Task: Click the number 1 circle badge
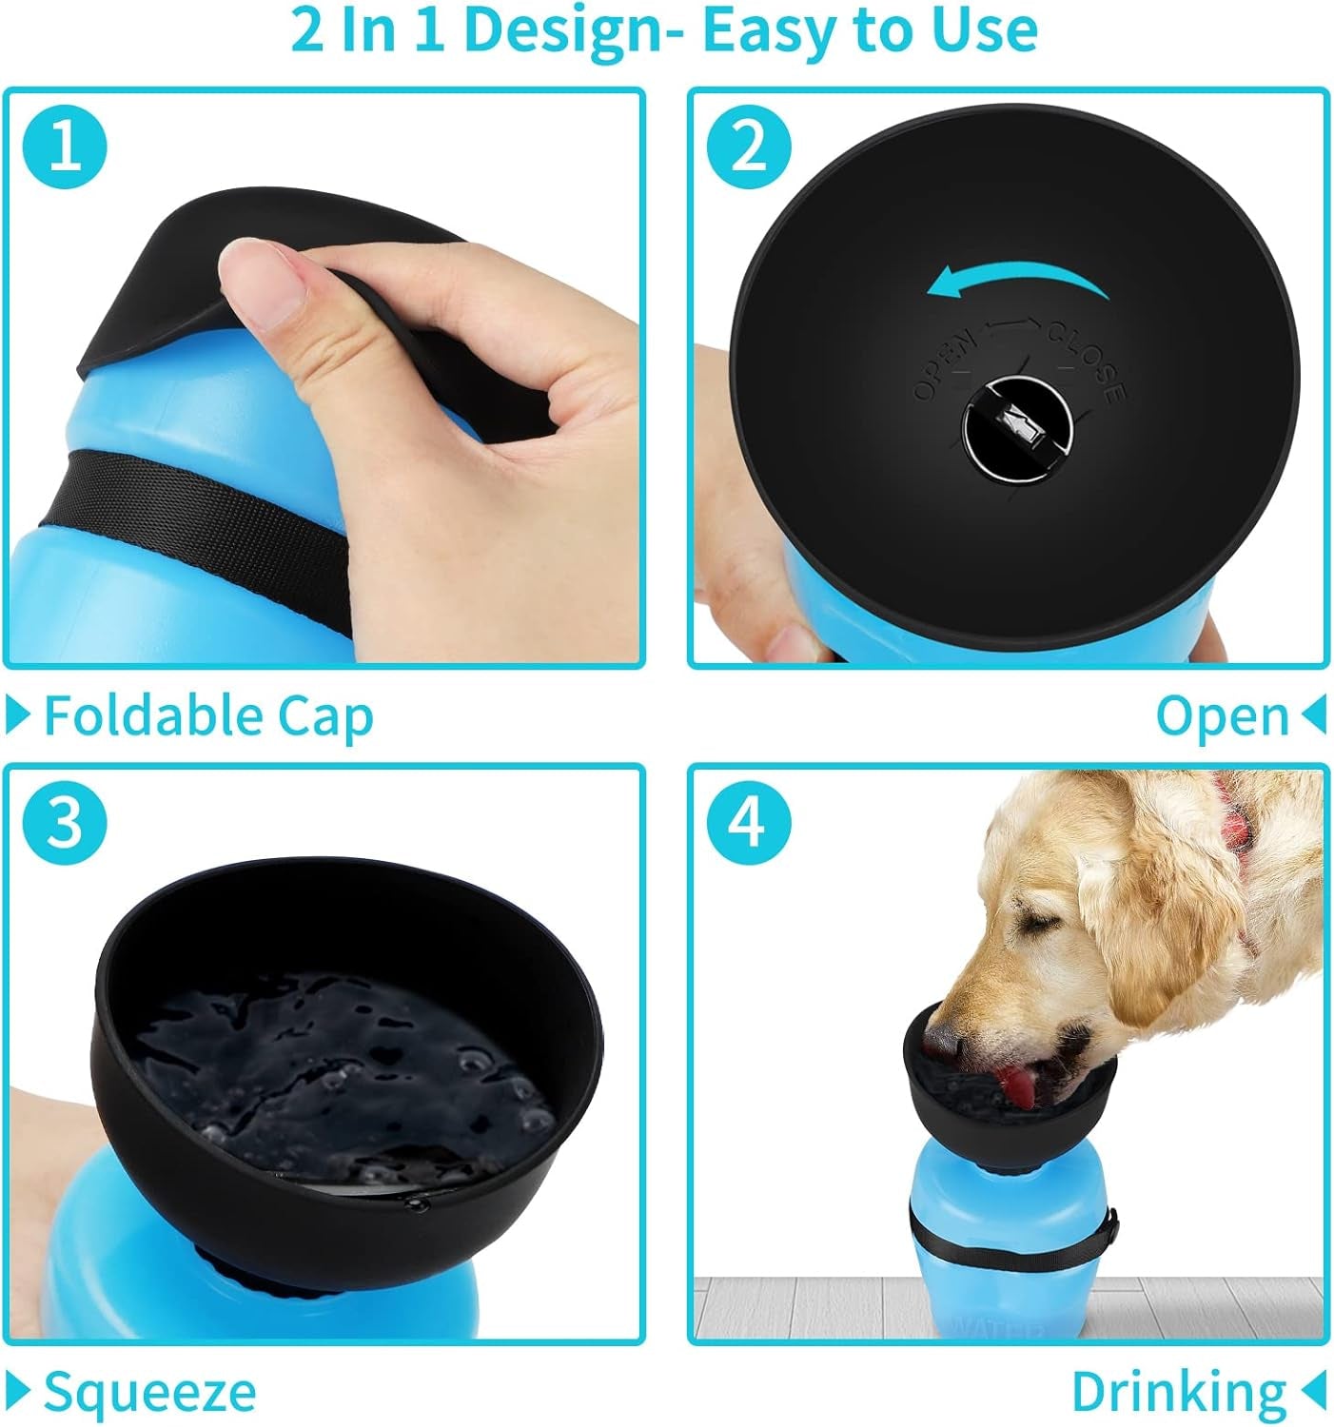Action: tap(66, 147)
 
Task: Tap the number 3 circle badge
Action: tap(66, 821)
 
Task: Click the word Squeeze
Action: tap(150, 1392)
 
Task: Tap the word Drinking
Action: tap(1179, 1392)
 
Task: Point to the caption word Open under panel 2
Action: tap(1222, 715)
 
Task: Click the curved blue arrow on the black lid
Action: tap(1018, 281)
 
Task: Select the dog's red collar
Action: tap(1237, 818)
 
